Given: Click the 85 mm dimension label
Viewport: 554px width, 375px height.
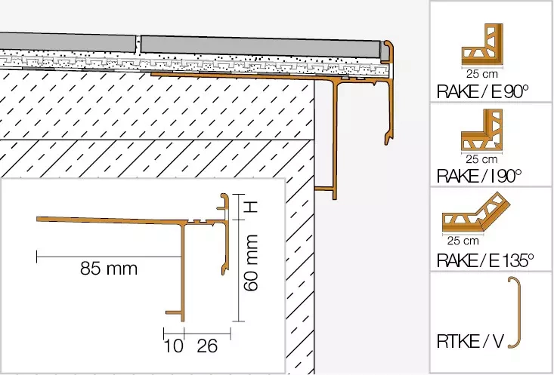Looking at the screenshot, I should (x=109, y=269).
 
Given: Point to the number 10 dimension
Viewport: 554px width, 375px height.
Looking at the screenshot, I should (x=173, y=347).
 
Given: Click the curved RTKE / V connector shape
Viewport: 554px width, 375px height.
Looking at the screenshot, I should (x=515, y=312).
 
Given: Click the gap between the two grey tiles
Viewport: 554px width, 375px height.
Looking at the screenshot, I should (x=139, y=45).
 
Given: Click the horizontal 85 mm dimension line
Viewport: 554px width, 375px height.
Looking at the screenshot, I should (x=109, y=257).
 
